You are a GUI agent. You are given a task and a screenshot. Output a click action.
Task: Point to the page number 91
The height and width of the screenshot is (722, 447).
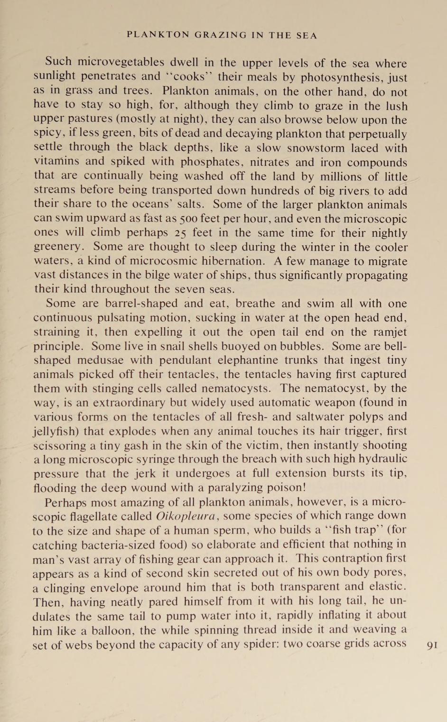click(432, 645)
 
